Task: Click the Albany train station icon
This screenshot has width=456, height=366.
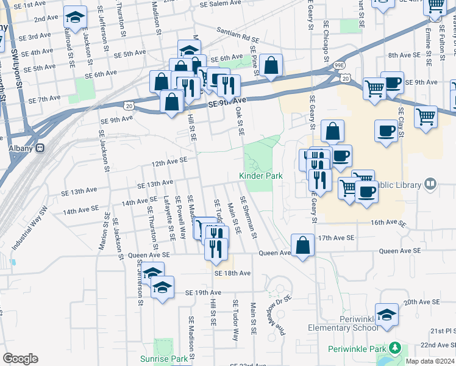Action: pos(40,148)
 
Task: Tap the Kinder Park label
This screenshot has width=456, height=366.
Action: pos(260,176)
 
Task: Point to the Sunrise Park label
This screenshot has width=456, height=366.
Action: pos(164,359)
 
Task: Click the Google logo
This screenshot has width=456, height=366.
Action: pos(20,359)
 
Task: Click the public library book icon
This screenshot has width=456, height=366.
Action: pos(430,184)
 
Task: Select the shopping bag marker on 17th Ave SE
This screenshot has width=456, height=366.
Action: pos(303,246)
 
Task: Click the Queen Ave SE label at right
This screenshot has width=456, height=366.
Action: pos(399,251)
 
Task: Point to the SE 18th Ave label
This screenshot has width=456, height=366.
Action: pos(232,273)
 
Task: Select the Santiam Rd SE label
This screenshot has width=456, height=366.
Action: pos(238,34)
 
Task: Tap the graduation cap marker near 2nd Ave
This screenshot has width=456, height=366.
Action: pos(75,18)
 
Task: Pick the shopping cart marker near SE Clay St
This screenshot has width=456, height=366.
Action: pos(425,115)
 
